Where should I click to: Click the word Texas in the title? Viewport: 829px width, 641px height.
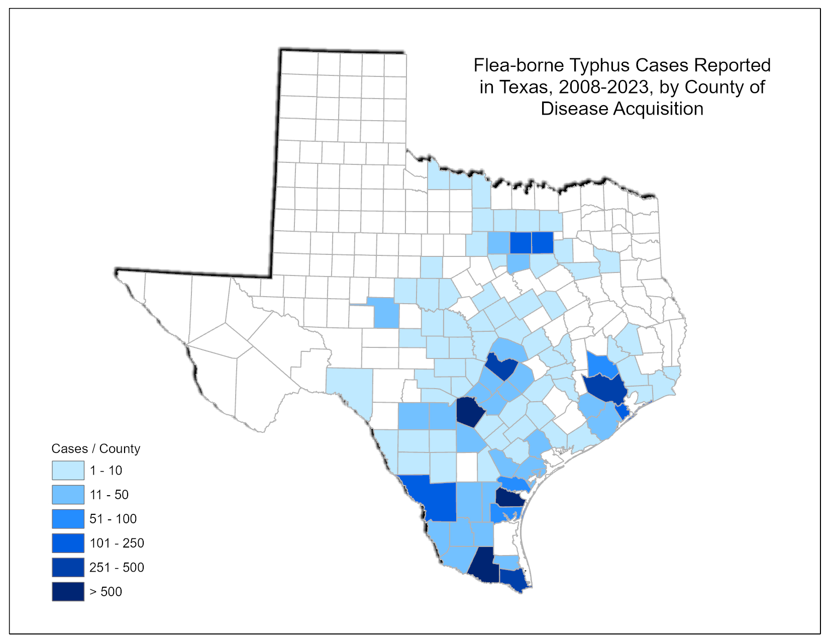pos(524,87)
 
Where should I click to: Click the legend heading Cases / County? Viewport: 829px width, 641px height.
pos(95,448)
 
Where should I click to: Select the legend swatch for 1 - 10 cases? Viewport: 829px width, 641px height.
pos(68,471)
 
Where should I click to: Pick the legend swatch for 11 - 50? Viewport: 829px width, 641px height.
pos(68,495)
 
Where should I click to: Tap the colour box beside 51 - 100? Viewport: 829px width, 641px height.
pos(68,519)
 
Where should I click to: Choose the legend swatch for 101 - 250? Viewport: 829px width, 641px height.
pos(68,543)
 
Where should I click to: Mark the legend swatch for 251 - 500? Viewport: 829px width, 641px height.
pos(68,567)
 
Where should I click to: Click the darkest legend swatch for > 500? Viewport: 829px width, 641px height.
pos(68,591)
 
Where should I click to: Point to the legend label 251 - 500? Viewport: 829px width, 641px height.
pos(117,568)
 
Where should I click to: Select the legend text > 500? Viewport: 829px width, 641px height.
pos(106,592)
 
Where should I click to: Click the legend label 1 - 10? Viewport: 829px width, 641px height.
pos(106,471)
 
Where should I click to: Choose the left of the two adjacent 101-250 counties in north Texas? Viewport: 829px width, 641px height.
pos(521,243)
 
